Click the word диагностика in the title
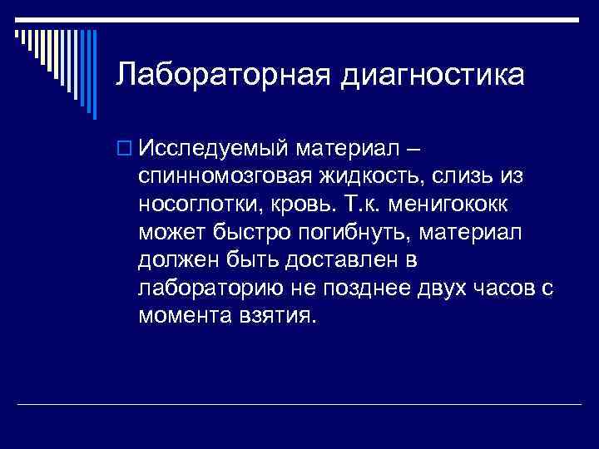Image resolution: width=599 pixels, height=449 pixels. pos(433,76)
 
